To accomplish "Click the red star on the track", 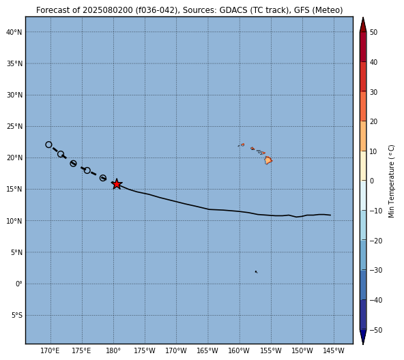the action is (117, 184).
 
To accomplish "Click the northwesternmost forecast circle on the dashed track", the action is (48, 145).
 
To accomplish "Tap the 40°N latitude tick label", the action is (14, 32).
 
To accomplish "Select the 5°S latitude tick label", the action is (17, 316).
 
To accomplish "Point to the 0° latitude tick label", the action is (19, 284).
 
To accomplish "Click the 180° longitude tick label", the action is (113, 350).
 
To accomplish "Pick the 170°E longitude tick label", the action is (50, 350).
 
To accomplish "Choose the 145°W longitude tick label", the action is (334, 350).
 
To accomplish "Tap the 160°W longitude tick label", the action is (240, 350).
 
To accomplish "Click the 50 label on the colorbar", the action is (373, 32).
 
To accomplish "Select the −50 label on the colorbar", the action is (376, 330).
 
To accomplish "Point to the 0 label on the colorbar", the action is (371, 181).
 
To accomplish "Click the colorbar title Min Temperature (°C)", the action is (391, 181).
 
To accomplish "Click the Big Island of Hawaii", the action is (268, 160).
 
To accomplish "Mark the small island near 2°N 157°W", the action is (256, 271).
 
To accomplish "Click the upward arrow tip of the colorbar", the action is (363, 18).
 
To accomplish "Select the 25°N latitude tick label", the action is (14, 126).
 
